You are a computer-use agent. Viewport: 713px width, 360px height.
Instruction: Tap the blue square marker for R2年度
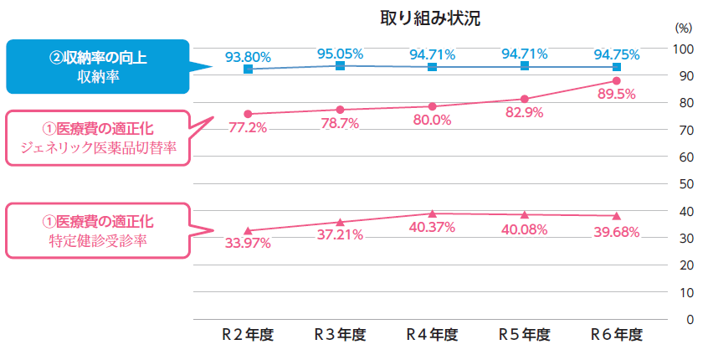coord(248,69)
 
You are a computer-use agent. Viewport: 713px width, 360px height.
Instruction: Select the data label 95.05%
coord(340,54)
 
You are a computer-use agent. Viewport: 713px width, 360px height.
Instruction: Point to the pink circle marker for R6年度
coord(616,80)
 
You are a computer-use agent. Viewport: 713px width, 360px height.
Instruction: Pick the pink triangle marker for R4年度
coord(432,213)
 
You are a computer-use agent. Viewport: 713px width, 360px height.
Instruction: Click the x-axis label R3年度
coord(340,335)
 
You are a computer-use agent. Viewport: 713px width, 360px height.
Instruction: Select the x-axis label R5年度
coord(524,335)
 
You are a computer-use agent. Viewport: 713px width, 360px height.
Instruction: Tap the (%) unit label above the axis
coord(683,28)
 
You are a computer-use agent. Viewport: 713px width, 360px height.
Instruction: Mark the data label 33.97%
coord(248,244)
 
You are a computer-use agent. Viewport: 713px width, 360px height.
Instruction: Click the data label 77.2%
coord(248,127)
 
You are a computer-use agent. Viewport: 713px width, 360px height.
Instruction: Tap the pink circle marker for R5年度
coord(524,99)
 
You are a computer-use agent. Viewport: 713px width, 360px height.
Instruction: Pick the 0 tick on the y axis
coord(690,320)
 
